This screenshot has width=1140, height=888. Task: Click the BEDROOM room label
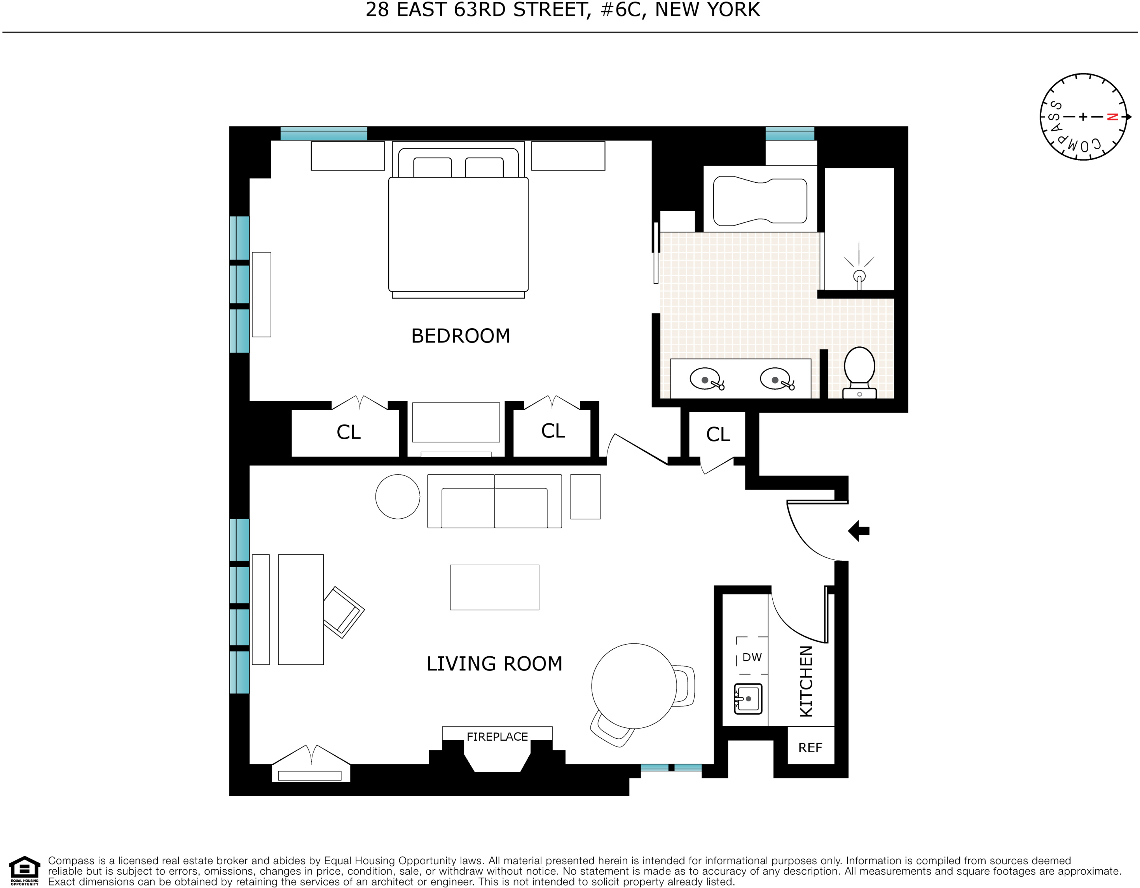point(460,336)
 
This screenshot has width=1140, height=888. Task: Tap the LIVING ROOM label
point(494,664)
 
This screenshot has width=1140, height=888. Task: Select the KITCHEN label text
point(807,681)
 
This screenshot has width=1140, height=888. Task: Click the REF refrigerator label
point(810,748)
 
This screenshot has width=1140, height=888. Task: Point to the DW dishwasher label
point(752,657)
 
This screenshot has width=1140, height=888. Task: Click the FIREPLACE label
point(497,737)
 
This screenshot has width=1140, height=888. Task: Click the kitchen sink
point(748,699)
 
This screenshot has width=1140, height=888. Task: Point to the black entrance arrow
point(859,531)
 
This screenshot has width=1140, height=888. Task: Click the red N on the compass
point(1112,117)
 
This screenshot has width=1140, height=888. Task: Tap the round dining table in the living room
point(634,686)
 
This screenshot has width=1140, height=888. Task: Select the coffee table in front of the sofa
point(494,587)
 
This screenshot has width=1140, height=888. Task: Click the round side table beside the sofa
point(398,496)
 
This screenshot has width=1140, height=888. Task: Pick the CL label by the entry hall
point(718,434)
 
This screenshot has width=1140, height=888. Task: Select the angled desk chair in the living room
point(343,612)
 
